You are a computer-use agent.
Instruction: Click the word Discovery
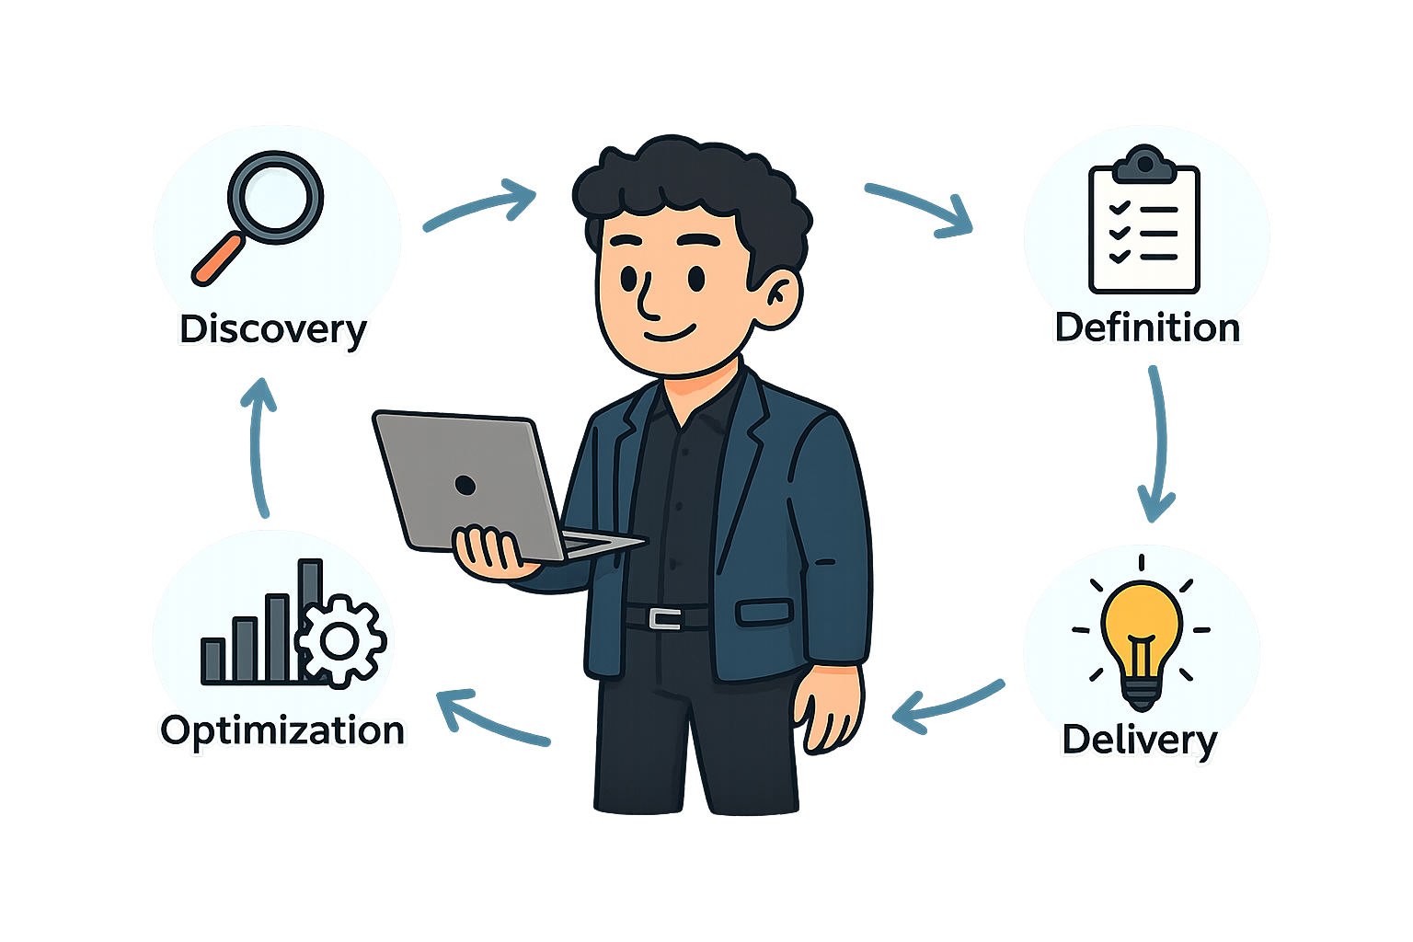coord(272,329)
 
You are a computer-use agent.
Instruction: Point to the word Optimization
coord(282,730)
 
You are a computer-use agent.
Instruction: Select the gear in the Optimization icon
coord(340,641)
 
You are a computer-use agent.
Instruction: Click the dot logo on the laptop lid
coord(465,485)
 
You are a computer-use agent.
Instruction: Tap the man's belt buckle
coord(664,618)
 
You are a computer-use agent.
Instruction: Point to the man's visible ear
coord(782,294)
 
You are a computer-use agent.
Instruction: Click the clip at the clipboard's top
coord(1143,164)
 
